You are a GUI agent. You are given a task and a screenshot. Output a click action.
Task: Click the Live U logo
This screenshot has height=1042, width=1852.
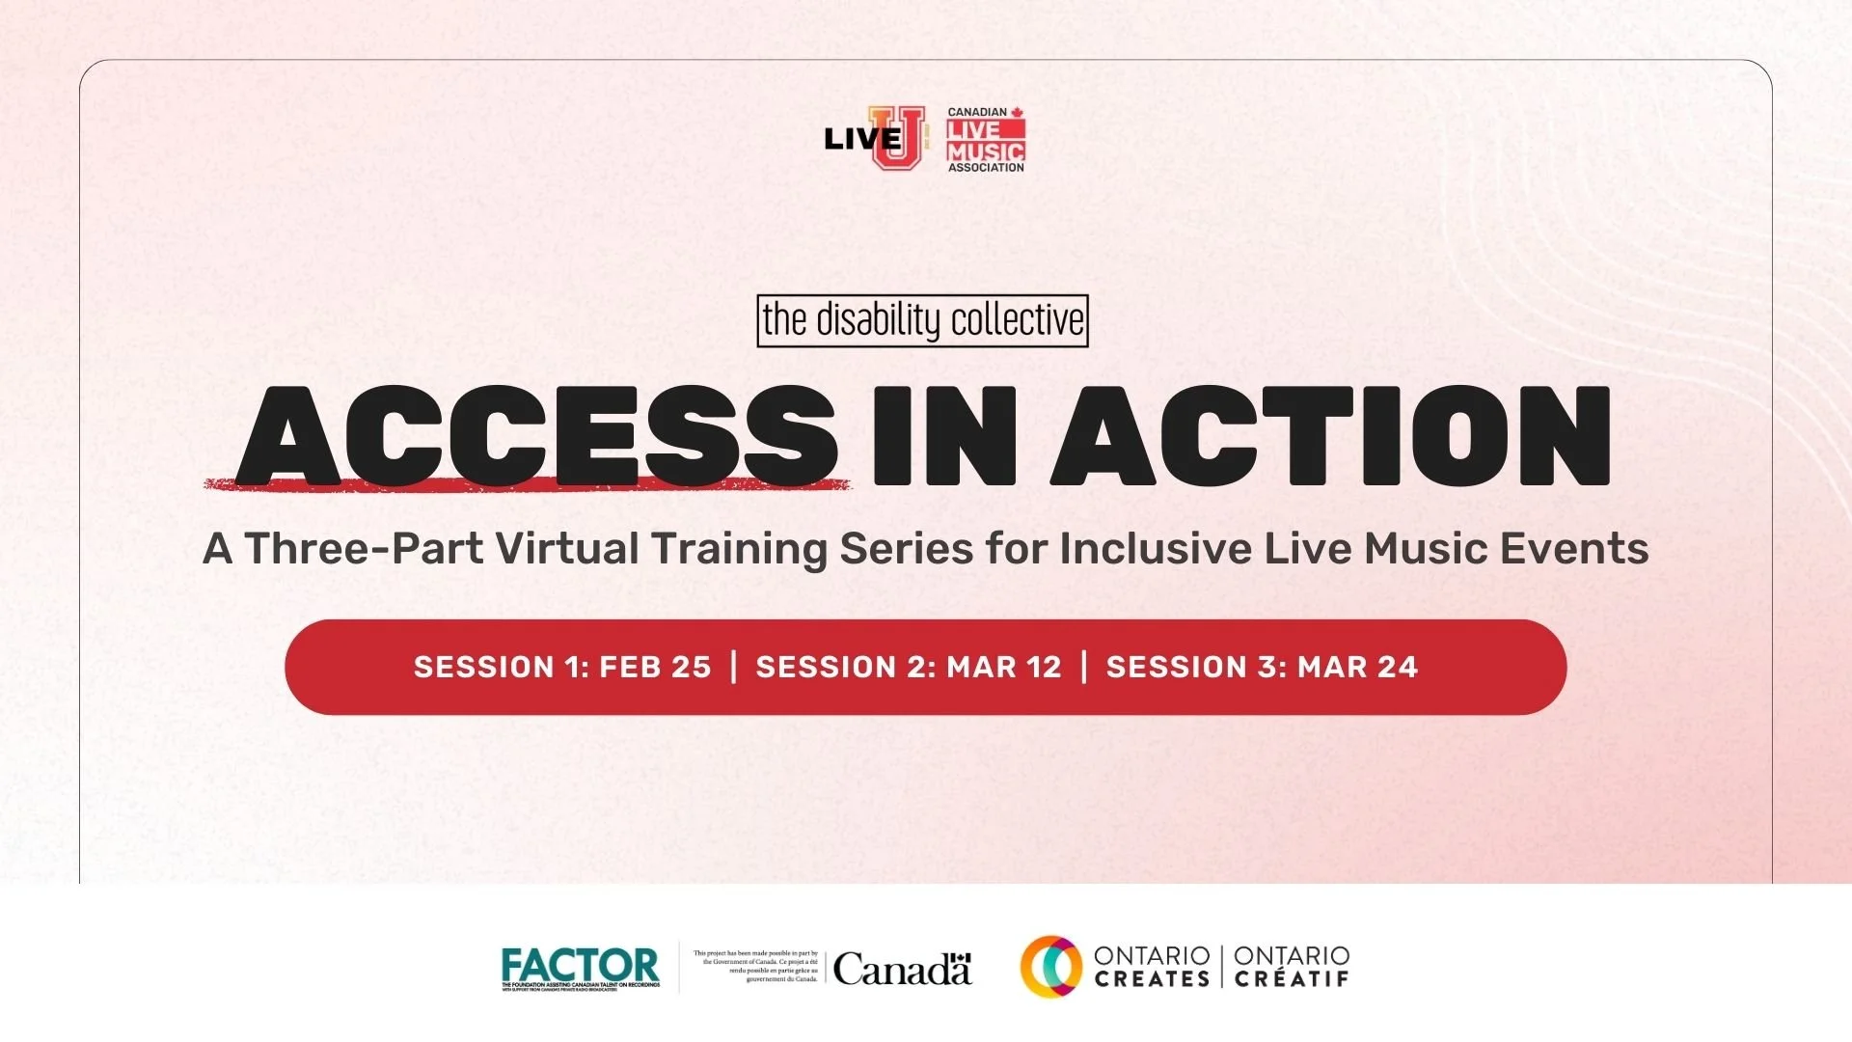tap(874, 138)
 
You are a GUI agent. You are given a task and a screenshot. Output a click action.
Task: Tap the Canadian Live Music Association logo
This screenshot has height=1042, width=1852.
tap(985, 141)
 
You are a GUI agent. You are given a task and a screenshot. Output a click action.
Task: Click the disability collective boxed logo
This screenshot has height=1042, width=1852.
tap(922, 320)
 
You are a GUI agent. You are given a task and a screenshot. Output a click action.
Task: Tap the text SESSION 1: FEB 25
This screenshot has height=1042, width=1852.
tap(562, 667)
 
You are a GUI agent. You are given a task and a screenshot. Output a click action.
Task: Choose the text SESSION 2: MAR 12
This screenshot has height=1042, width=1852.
tap(909, 667)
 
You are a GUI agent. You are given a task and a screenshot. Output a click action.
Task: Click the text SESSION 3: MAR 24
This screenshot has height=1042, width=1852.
tap(1262, 667)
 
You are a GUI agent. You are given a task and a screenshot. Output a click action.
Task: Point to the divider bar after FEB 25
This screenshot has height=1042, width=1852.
tap(734, 667)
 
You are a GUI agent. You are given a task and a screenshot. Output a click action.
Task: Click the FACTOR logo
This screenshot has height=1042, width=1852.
tap(581, 968)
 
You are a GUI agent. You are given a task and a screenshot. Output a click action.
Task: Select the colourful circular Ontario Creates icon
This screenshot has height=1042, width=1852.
tap(1050, 967)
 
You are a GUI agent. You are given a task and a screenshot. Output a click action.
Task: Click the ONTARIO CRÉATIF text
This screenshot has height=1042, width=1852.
tap(1292, 967)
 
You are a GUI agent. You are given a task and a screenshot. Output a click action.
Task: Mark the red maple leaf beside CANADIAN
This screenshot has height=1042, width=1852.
tap(1017, 112)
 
